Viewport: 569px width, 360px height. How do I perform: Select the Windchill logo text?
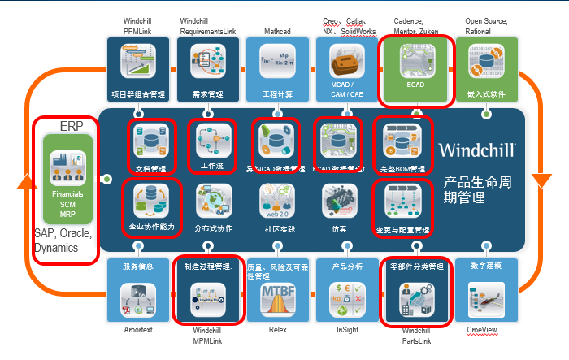pos(476,150)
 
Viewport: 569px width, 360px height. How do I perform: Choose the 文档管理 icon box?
pos(151,147)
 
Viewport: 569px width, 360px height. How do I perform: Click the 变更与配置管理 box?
pos(402,206)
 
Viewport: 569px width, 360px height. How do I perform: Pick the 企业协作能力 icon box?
pos(151,206)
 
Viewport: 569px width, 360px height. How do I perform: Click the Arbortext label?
pos(138,331)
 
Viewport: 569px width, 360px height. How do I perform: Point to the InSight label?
pos(346,331)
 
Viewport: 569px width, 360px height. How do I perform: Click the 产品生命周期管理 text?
pos(479,188)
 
